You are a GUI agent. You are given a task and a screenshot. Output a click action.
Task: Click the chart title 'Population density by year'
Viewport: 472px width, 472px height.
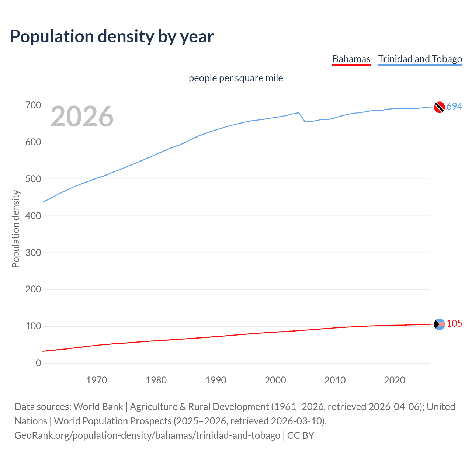112,37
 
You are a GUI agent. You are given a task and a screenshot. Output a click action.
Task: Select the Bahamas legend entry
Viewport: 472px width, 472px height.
351,59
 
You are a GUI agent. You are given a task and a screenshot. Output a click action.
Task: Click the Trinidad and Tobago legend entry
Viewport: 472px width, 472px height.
420,59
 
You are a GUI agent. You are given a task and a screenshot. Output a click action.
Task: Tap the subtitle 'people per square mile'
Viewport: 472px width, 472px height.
236,78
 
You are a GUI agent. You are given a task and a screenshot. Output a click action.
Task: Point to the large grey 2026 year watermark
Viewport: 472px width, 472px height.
82,117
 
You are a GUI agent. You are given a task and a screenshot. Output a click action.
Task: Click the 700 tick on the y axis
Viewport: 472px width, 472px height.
33,105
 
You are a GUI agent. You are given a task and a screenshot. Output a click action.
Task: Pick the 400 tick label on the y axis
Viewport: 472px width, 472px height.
33,216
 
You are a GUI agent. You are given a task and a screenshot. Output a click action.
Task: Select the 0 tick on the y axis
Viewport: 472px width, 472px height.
38,363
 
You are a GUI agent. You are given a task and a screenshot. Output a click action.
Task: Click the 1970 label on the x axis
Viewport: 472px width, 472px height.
97,380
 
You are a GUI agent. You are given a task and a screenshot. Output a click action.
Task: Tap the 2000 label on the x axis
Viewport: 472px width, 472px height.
275,380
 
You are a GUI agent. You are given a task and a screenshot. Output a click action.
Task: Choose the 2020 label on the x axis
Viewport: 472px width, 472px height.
395,380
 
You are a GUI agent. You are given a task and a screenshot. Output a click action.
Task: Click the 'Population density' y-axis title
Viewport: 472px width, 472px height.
15,229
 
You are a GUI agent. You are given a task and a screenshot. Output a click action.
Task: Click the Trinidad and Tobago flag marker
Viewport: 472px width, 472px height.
439,107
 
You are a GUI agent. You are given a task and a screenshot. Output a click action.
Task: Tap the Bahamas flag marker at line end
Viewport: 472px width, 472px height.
439,324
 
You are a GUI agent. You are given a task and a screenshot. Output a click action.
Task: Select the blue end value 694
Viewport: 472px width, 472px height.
454,106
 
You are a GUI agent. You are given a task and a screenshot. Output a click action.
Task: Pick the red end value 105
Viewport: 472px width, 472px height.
454,323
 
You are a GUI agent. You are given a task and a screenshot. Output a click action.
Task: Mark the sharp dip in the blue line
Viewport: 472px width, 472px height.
305,121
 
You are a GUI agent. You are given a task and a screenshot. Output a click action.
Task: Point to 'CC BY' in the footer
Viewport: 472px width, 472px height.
301,435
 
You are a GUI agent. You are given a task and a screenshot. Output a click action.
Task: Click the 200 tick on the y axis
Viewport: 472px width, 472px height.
33,289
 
